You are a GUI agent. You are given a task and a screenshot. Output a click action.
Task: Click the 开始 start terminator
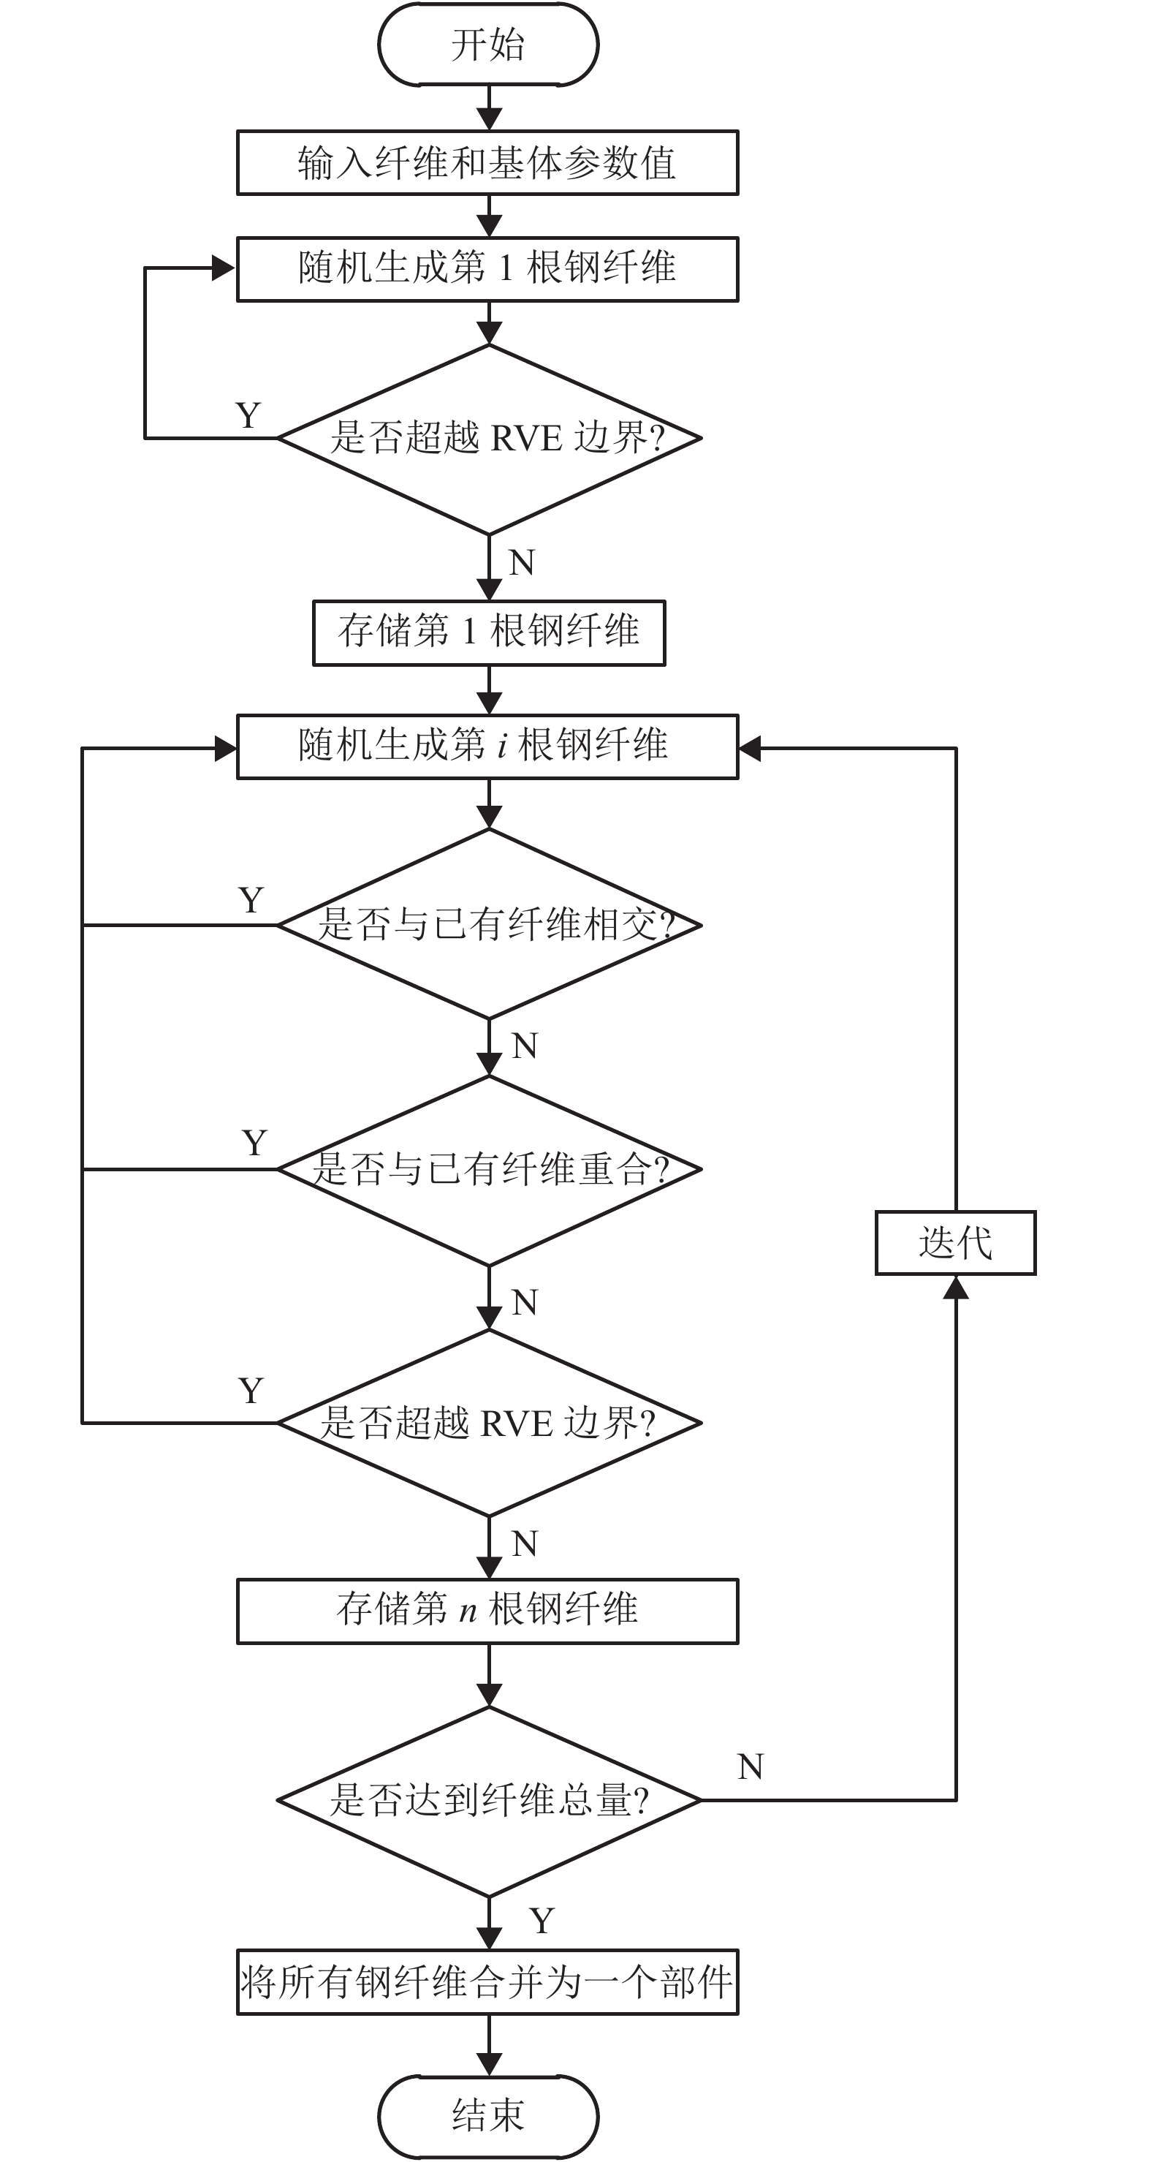[488, 45]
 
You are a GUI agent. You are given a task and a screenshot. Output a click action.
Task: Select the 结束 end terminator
[488, 2114]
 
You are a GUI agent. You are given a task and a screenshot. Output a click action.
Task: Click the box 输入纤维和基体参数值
[487, 163]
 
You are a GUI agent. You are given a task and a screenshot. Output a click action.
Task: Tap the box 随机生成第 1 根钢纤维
[487, 269]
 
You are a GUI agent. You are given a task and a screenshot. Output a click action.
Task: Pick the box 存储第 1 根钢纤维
[489, 633]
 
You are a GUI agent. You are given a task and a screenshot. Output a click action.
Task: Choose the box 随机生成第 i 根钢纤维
[487, 747]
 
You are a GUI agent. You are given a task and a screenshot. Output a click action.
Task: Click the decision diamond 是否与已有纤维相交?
[489, 924]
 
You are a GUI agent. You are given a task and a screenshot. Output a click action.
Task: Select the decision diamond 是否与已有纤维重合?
[489, 1169]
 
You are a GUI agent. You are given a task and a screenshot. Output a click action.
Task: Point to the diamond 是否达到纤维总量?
[489, 1800]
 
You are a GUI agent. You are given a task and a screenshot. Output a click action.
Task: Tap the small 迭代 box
[956, 1243]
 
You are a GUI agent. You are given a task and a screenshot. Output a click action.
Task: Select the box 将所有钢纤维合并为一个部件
[487, 1982]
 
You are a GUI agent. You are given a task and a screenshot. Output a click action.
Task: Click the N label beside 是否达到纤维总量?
[751, 1767]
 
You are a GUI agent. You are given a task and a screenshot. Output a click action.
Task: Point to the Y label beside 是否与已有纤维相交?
[251, 901]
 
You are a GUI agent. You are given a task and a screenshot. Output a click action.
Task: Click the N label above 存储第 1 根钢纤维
[522, 563]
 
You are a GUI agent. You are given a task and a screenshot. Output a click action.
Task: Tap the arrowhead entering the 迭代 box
[956, 1288]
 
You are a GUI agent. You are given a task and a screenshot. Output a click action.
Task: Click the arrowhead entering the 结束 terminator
[489, 2065]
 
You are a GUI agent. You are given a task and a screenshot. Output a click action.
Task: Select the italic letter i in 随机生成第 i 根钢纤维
[501, 746]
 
